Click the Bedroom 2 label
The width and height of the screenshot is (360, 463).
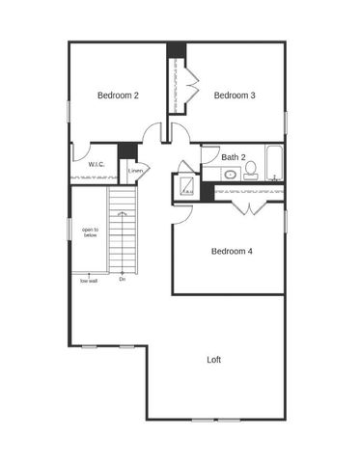pyautogui.click(x=118, y=95)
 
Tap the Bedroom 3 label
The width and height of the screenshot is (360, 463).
pyautogui.click(x=235, y=95)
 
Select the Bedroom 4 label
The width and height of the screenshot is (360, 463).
pyautogui.click(x=232, y=251)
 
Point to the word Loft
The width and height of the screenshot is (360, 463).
pyautogui.click(x=214, y=359)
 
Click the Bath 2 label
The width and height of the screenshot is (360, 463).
pyautogui.click(x=234, y=156)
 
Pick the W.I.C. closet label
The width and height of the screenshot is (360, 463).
pyautogui.click(x=97, y=165)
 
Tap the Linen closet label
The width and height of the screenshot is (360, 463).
pyautogui.click(x=136, y=171)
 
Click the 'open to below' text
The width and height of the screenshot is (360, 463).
pyautogui.click(x=90, y=231)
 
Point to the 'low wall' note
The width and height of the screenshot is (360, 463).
pyautogui.click(x=89, y=281)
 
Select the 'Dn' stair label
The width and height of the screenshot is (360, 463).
pyautogui.click(x=123, y=280)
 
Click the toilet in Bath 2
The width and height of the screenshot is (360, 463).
pyautogui.click(x=250, y=172)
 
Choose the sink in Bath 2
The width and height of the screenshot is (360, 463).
pyautogui.click(x=231, y=175)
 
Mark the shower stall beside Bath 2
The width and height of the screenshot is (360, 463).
pyautogui.click(x=185, y=187)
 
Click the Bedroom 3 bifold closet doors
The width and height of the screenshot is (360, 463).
pyautogui.click(x=192, y=90)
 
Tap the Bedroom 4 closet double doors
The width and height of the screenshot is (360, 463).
pyautogui.click(x=249, y=206)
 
